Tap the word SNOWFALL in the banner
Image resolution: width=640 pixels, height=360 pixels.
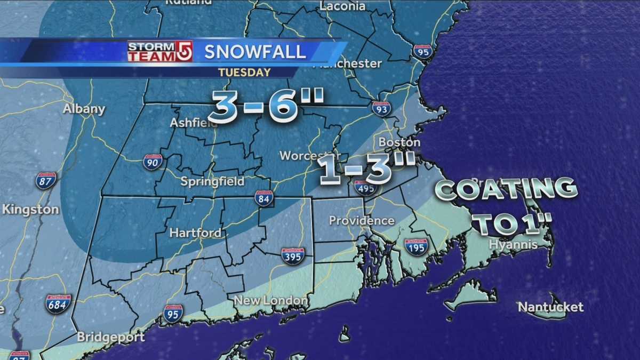[x=255, y=52]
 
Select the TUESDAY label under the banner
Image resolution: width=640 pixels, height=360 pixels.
[x=245, y=72]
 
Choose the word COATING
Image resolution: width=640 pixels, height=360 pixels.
[x=506, y=190]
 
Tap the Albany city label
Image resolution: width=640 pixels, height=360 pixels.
[x=84, y=109]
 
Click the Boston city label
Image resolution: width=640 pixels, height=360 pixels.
[x=399, y=143]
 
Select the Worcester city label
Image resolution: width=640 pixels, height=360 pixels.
[x=302, y=156]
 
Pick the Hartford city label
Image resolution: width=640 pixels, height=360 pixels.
[x=195, y=233]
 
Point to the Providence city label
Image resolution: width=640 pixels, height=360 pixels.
[x=362, y=220]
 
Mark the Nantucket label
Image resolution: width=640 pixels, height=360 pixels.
[x=551, y=307]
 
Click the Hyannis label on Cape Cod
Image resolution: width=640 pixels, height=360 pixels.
[x=513, y=245]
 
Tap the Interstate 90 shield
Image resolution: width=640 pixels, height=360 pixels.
[x=153, y=162]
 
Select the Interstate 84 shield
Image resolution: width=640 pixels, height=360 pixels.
[x=263, y=198]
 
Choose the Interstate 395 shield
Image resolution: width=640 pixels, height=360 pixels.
[x=293, y=256]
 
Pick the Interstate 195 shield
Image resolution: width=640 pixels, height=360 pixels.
[x=415, y=247]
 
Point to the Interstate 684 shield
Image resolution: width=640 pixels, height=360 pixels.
[x=58, y=303]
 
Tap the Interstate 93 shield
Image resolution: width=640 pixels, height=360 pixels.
[x=381, y=109]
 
